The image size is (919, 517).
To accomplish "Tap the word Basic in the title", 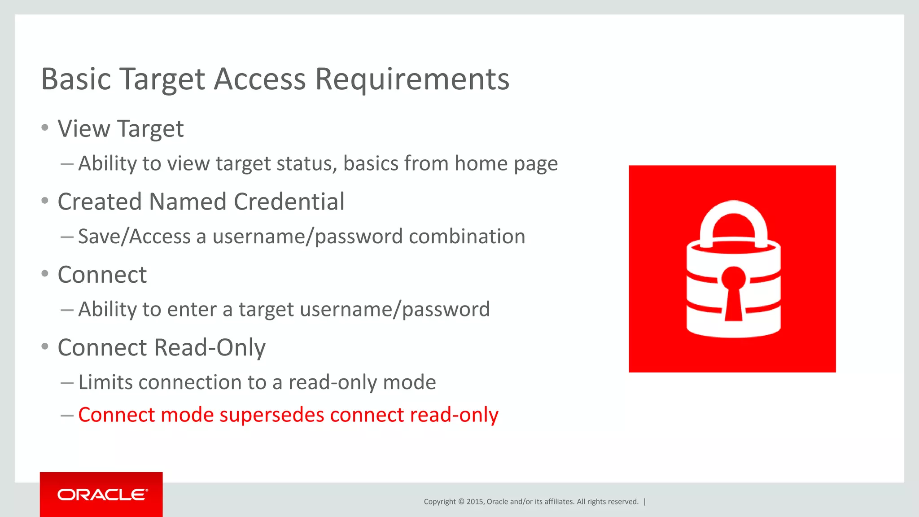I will [76, 80].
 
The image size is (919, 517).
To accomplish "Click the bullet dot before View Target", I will [44, 128].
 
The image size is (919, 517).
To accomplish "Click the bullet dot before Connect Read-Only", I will [44, 346].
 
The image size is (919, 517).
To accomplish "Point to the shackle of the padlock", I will [734, 220].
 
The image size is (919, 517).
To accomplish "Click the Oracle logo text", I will [102, 495].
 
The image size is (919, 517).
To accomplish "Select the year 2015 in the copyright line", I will [475, 502].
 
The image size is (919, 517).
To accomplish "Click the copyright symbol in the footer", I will [461, 502].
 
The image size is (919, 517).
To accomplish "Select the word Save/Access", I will [134, 237].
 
